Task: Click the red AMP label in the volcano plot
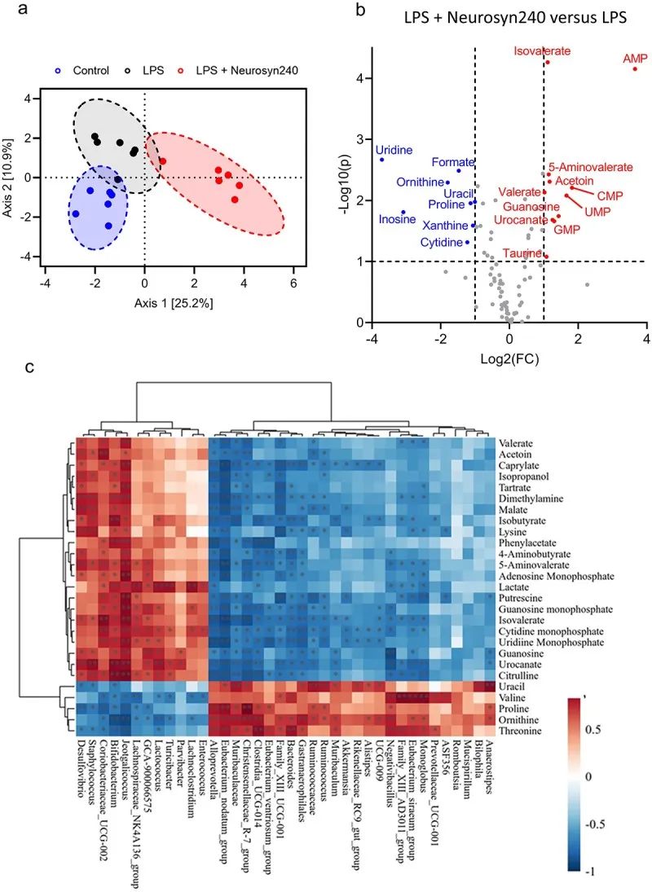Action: pos(635,59)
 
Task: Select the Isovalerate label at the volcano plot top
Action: pos(542,51)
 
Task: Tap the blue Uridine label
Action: pos(394,151)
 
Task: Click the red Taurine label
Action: pos(522,254)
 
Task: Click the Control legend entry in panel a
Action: pos(95,70)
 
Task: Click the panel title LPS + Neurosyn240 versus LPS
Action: pos(514,18)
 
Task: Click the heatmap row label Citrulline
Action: pos(522,676)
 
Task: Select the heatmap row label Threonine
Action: pos(523,732)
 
